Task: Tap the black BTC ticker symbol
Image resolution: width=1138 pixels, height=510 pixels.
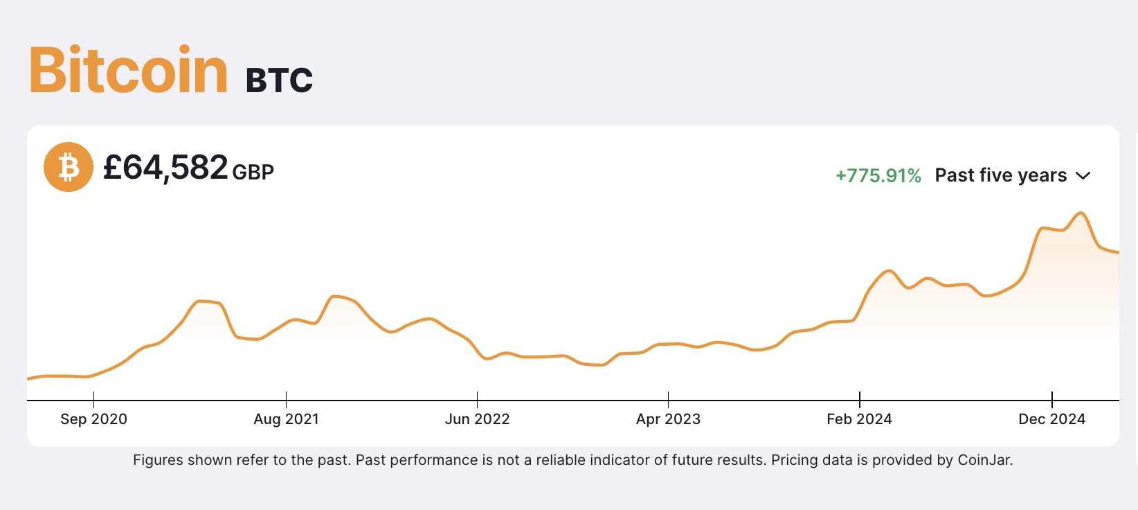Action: click(279, 80)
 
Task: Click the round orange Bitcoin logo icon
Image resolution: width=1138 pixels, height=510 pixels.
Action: click(69, 167)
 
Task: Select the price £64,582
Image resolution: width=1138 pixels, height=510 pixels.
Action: click(165, 168)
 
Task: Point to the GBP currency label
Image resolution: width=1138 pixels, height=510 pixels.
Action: click(253, 172)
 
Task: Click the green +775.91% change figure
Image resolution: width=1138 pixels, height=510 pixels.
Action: click(878, 176)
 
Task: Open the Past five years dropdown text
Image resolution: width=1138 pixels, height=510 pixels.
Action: click(1000, 175)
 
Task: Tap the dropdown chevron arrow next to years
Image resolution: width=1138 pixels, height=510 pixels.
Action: click(1083, 176)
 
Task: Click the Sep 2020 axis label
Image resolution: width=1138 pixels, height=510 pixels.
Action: click(93, 419)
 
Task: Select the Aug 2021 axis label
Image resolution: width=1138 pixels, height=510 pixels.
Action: click(286, 419)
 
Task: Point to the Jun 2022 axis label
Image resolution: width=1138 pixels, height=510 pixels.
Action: click(477, 419)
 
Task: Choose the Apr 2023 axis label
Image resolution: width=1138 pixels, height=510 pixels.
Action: click(668, 419)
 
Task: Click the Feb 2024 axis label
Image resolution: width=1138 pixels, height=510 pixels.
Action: click(859, 419)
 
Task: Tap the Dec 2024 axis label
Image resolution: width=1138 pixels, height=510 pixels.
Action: click(1051, 419)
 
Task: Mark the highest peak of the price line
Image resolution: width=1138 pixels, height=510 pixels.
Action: click(1081, 213)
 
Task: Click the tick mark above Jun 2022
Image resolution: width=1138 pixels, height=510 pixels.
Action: click(477, 400)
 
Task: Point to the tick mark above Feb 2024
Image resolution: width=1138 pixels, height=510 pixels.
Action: click(859, 400)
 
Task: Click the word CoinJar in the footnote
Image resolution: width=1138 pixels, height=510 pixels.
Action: click(984, 460)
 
